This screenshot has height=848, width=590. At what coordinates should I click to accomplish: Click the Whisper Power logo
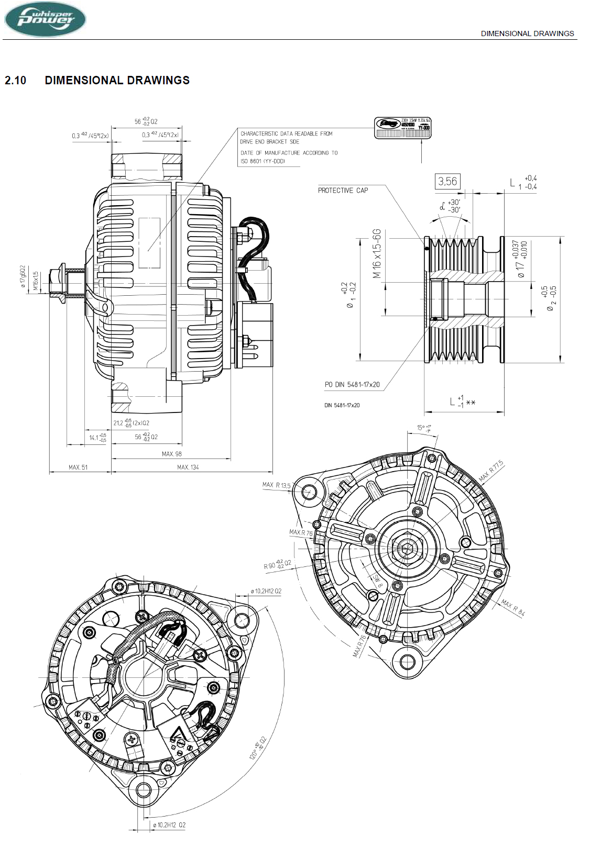tap(45, 19)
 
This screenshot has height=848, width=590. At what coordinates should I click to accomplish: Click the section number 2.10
tap(15, 81)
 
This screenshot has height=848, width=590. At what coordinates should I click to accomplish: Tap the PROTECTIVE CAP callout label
tap(343, 191)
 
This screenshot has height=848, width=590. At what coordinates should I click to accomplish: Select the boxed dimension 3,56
tap(447, 182)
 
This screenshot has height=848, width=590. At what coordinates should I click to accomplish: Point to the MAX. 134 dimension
tap(188, 467)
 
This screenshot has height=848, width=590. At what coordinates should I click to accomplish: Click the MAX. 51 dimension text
tap(78, 467)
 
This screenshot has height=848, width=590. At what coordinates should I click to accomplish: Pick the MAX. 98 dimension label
tap(172, 454)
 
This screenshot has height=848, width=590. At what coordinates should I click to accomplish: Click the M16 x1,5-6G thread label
tap(377, 253)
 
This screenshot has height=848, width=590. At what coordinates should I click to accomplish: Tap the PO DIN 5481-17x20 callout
tap(352, 385)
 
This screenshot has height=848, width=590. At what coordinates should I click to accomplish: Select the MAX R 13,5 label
tap(276, 485)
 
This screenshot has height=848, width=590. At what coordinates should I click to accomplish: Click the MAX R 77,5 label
tap(491, 471)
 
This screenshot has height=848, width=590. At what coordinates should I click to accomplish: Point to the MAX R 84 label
tap(512, 607)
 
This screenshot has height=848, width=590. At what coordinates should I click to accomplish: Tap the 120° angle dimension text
tap(257, 748)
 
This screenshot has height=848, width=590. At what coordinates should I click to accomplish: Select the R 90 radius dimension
tap(277, 564)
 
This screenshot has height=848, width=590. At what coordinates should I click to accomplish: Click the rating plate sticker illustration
tap(402, 128)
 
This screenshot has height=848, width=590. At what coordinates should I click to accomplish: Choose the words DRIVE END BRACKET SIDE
tap(269, 142)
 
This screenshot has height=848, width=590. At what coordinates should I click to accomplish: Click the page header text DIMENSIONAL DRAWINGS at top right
tap(527, 34)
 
